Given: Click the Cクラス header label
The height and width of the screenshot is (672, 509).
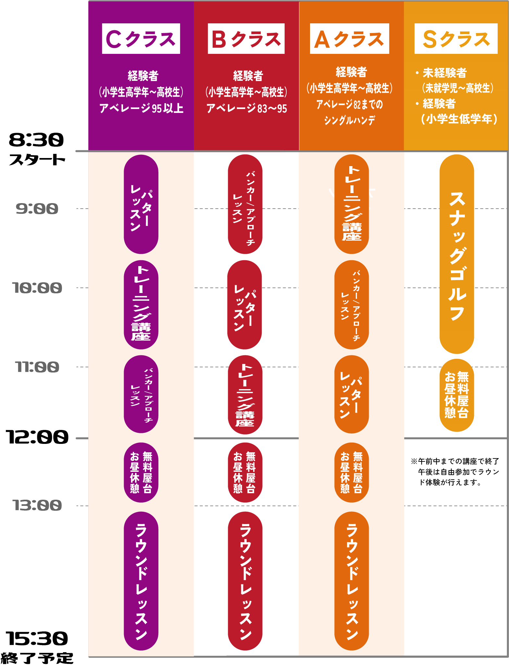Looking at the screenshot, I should pyautogui.click(x=141, y=39).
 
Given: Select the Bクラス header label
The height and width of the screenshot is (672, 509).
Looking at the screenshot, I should pyautogui.click(x=246, y=39).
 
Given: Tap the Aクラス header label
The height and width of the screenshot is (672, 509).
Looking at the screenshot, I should pyautogui.click(x=349, y=39).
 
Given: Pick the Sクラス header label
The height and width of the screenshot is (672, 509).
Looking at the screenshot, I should pyautogui.click(x=456, y=39).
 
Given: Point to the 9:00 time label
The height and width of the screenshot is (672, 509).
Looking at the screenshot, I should pyautogui.click(x=37, y=209).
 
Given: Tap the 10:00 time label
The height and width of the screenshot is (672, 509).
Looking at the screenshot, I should pyautogui.click(x=37, y=288).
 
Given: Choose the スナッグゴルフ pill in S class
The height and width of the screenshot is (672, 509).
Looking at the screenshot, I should pyautogui.click(x=457, y=254).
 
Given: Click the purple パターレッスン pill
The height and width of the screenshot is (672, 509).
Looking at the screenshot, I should pyautogui.click(x=141, y=204).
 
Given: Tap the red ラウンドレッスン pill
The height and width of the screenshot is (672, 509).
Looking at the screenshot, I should pyautogui.click(x=245, y=581).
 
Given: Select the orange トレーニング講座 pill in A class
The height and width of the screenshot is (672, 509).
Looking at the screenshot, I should pyautogui.click(x=352, y=204).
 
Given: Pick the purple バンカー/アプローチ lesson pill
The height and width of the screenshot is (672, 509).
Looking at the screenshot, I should pyautogui.click(x=141, y=394).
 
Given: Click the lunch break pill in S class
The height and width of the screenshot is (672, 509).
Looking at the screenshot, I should pyautogui.click(x=457, y=395).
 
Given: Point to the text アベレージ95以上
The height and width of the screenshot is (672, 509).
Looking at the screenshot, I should pyautogui.click(x=142, y=108).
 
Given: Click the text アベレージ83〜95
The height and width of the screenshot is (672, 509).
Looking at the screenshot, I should pyautogui.click(x=247, y=108).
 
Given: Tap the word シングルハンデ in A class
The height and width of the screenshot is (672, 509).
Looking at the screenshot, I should pyautogui.click(x=349, y=120).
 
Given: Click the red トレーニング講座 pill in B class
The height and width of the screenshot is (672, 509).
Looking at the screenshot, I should pyautogui.click(x=245, y=395).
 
